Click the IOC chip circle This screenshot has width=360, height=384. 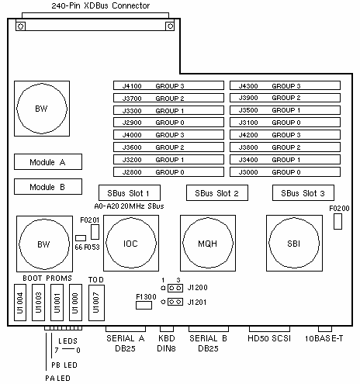[106, 243]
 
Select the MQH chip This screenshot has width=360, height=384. [208, 243]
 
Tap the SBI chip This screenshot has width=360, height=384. [294, 243]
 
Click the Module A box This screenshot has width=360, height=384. [48, 162]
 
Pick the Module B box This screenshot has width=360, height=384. [48, 187]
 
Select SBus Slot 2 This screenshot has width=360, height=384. [217, 193]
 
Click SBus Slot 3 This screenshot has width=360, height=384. [303, 193]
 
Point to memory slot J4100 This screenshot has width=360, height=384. [168, 85]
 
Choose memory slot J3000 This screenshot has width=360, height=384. [285, 172]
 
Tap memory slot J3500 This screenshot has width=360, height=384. [285, 110]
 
